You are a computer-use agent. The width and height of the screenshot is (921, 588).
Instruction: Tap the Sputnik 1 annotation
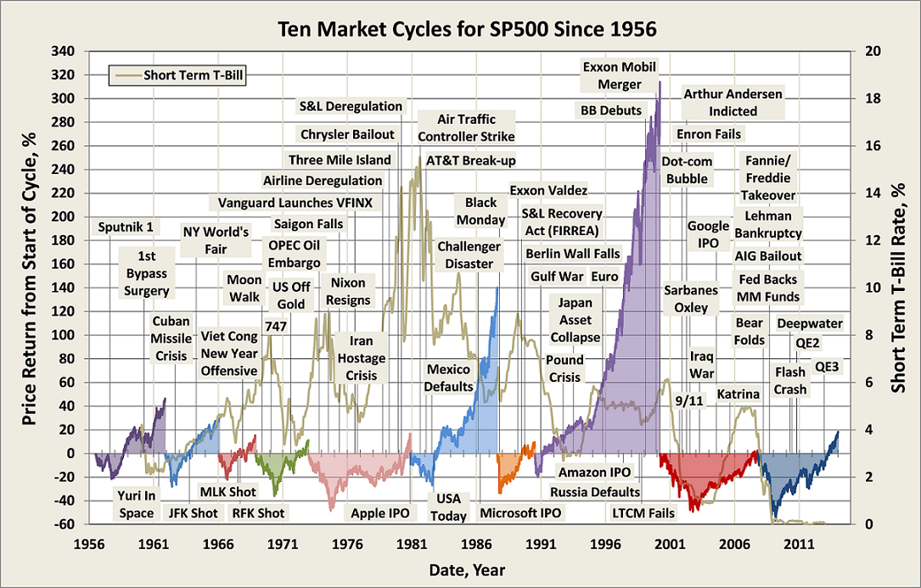126,227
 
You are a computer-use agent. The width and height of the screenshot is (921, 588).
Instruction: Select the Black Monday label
480,211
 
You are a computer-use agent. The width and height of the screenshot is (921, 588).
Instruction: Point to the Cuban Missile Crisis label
171,339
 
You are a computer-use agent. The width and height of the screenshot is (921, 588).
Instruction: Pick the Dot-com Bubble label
687,170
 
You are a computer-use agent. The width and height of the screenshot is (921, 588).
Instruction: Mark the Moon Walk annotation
244,288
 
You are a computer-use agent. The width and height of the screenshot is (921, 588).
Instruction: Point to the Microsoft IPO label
520,513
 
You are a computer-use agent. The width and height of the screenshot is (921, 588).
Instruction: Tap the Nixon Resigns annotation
350,291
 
